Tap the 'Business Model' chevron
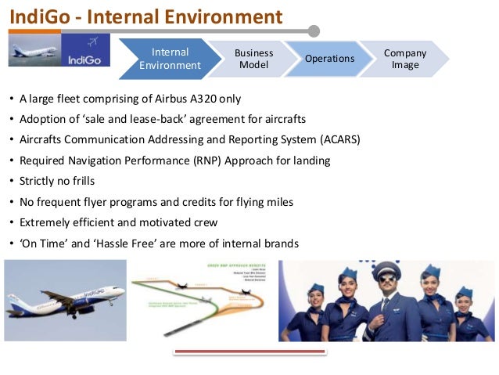pyautogui.click(x=253, y=59)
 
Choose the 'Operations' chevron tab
pyautogui.click(x=330, y=59)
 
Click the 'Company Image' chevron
pyautogui.click(x=405, y=59)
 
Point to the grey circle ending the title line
pyautogui.click(x=314, y=31)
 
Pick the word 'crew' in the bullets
pyautogui.click(x=203, y=222)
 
